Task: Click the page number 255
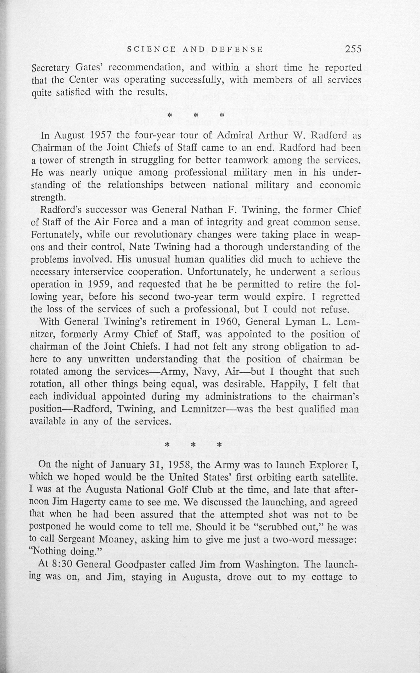[x=353, y=49]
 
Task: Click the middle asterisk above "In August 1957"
[x=195, y=115]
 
